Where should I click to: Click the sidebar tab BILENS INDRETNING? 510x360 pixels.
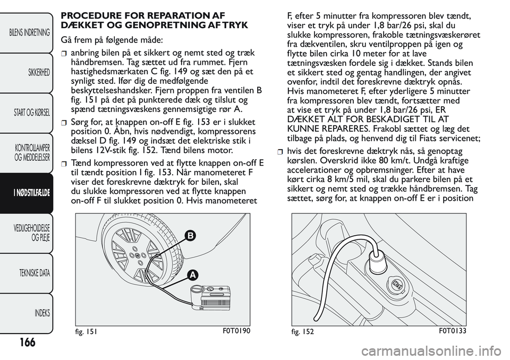coord(30,33)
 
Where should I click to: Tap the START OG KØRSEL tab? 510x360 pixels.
coord(30,113)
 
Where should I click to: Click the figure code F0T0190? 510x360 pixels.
coord(234,330)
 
